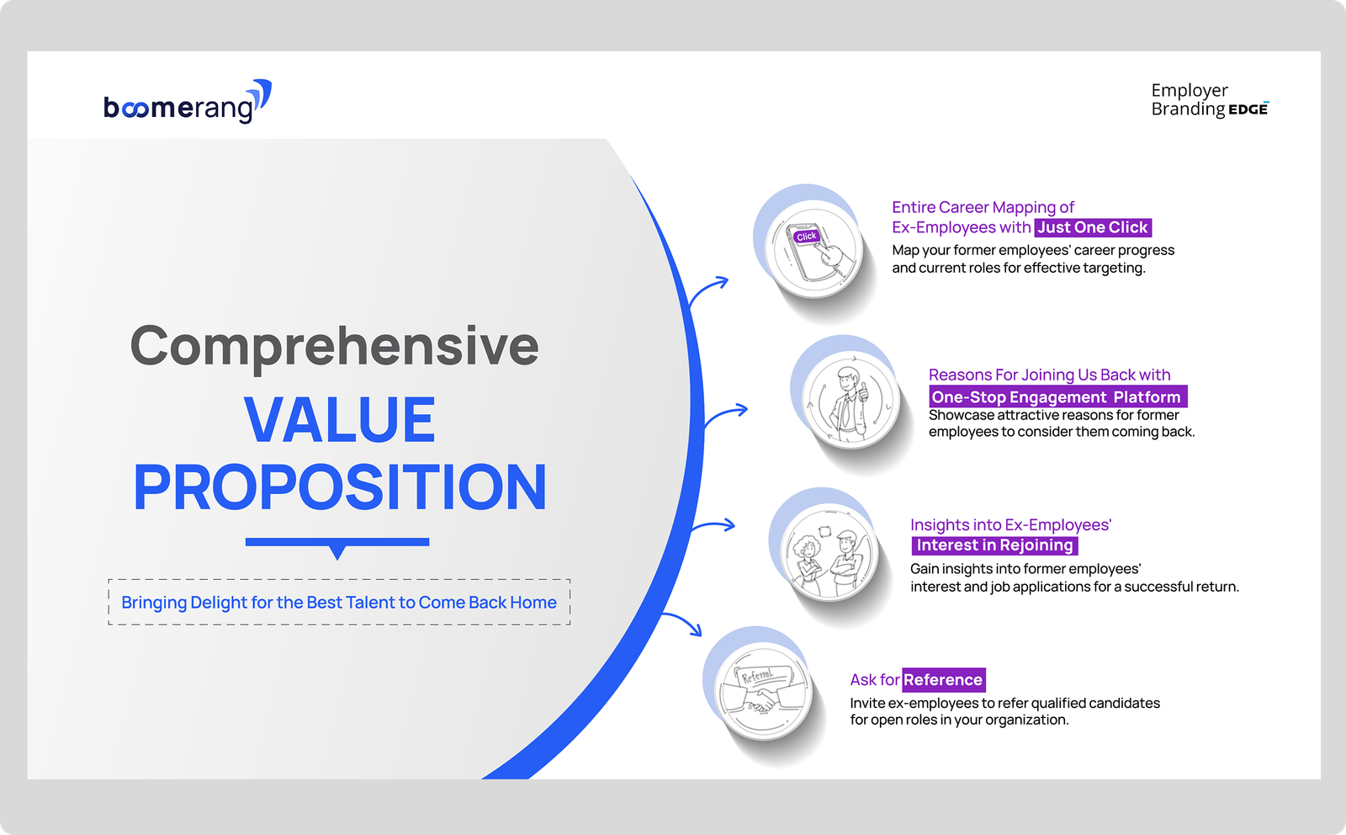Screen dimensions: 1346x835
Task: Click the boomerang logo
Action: point(188,102)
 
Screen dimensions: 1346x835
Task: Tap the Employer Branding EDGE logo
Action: point(1210,100)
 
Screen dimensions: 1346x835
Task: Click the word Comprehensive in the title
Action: point(335,347)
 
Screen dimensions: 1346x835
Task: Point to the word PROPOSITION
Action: point(340,487)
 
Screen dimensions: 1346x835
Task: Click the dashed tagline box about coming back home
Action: point(339,602)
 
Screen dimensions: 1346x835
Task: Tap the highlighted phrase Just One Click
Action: point(1093,227)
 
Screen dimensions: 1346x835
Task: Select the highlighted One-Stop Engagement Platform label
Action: point(1057,396)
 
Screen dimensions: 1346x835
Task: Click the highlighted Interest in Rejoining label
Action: point(994,545)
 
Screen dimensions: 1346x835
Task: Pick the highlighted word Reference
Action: point(943,680)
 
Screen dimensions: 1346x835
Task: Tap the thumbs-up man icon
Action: point(851,400)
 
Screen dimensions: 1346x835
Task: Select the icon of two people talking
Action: point(829,552)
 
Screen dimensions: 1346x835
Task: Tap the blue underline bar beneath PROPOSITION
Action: point(337,542)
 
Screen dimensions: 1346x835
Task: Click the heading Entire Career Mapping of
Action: point(983,207)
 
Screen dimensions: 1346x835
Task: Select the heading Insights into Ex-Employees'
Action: point(1010,524)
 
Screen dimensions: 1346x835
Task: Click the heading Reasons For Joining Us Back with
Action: point(1049,375)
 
